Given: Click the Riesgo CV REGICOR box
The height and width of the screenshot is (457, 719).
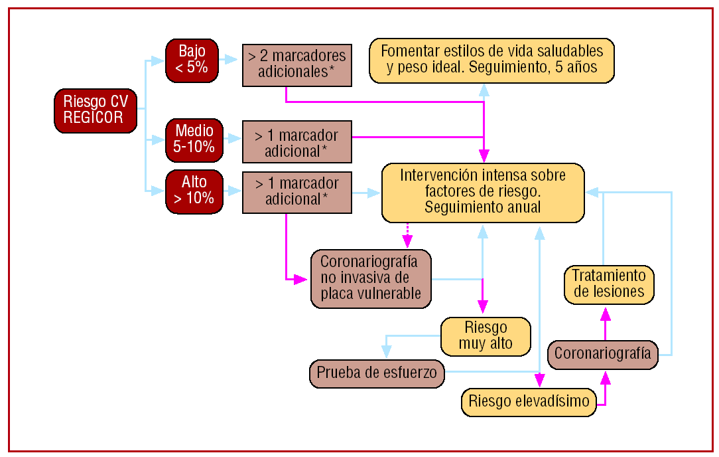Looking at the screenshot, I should pos(96,110).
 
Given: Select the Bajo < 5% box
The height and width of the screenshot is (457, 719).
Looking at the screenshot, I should pos(192,60).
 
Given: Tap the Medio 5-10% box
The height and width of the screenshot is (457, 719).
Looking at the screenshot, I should pos(194,139).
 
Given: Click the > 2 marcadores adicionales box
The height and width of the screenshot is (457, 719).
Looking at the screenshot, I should pos(296,64).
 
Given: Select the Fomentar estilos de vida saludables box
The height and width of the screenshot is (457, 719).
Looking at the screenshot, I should pos(491,60).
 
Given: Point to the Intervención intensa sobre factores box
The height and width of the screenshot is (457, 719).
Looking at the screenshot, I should pos(483,192).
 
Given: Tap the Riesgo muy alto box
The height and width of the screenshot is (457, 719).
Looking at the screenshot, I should pos(486,336).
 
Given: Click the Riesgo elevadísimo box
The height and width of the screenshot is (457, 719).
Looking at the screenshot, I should pos(529,401).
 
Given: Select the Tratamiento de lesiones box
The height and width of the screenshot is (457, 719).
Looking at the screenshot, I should pos(608,284).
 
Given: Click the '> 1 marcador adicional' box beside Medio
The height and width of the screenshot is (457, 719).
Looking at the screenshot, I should pos(296,143).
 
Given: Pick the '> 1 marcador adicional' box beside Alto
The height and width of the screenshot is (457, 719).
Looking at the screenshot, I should pos(296,191).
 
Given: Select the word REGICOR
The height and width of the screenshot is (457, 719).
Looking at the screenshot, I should pos(94,118).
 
